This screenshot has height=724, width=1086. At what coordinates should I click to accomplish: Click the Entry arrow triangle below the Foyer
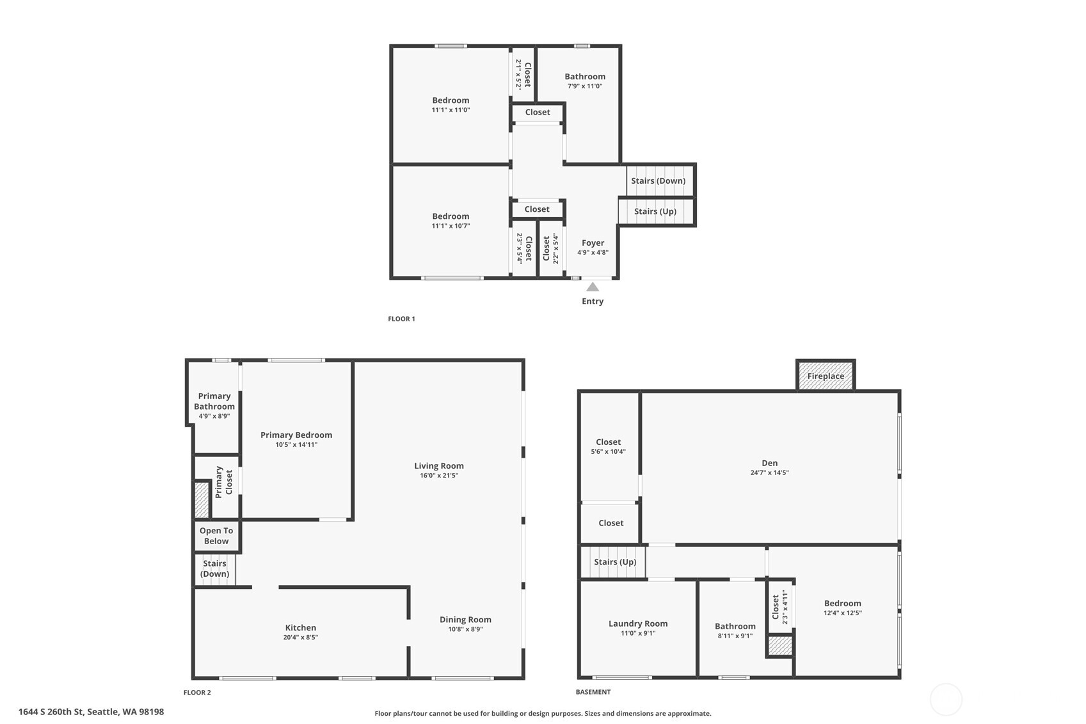pos(593,287)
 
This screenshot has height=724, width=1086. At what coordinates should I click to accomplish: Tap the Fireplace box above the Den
pos(826,376)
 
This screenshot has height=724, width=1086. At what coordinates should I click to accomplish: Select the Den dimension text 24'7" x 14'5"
pos(769,473)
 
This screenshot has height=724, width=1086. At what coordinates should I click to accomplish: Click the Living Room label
pos(438,466)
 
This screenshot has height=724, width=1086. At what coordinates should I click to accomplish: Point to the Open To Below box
pos(216,536)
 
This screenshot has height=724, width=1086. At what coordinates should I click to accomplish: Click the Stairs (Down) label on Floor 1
pos(658,181)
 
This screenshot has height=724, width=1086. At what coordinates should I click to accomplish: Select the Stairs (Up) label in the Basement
pos(614,562)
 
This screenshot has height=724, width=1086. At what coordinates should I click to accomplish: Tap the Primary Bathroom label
pos(214,401)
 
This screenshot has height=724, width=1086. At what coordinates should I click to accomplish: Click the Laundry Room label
pos(637,623)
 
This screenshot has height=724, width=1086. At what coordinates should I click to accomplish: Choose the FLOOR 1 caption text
pos(401,319)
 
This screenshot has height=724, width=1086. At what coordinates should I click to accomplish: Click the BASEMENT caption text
pos(593,692)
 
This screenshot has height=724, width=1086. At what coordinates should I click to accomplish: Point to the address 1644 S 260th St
pos(91,712)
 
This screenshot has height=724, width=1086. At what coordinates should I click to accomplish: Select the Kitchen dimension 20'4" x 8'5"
pos(300,638)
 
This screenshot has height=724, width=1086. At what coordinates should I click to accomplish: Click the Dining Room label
pos(465,620)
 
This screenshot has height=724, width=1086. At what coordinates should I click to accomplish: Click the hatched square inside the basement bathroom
pos(780,646)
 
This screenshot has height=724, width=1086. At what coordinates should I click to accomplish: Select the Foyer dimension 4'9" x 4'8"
pos(593,253)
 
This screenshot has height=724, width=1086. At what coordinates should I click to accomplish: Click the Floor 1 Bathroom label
pos(584,76)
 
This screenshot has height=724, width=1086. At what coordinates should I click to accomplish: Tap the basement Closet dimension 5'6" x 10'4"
pos(608,452)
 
